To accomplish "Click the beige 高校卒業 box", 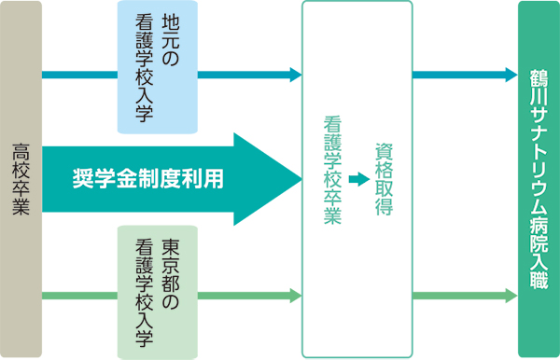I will (21, 179).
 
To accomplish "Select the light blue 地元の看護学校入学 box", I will (156, 67).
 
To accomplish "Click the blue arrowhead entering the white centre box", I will (296, 75).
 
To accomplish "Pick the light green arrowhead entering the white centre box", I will (296, 297).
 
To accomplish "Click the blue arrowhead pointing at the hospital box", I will (511, 75).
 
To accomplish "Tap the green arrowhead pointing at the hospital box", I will (511, 297).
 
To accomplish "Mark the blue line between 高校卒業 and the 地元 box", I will (79, 75).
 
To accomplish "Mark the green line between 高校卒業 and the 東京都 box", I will (79, 297).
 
